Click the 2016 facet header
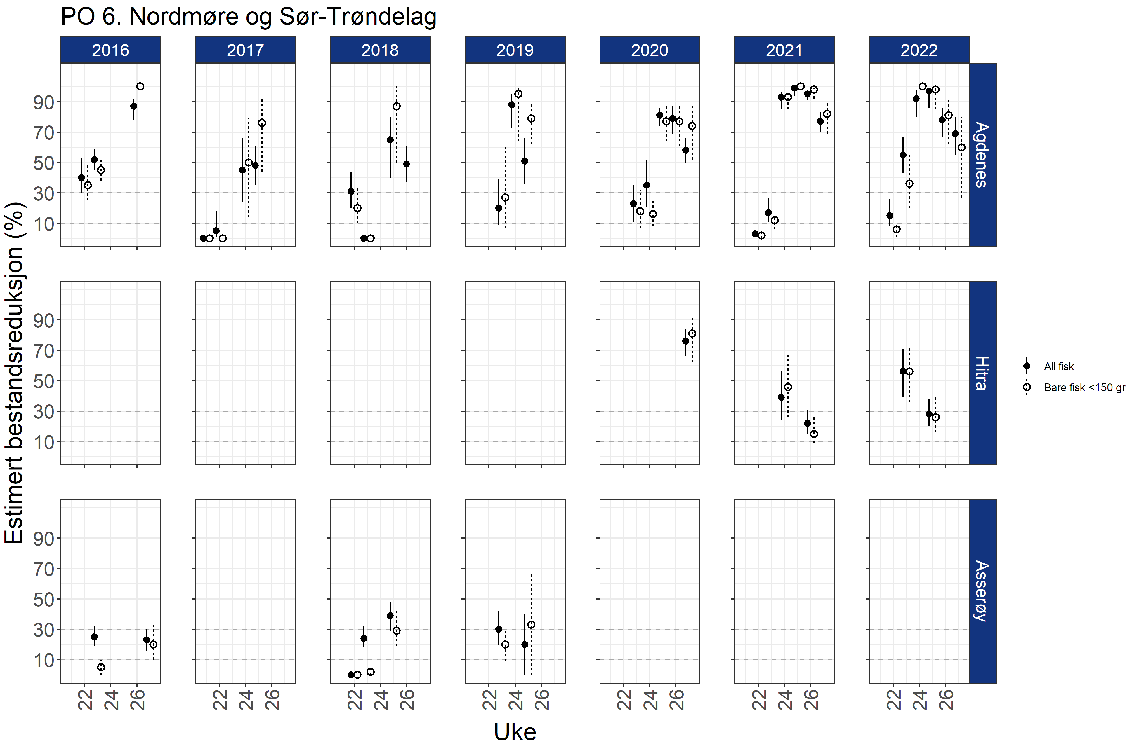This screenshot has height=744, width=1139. click(x=111, y=50)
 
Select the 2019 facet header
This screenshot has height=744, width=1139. click(x=515, y=50)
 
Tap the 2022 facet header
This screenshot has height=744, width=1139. click(x=919, y=50)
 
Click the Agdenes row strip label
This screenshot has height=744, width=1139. click(x=982, y=154)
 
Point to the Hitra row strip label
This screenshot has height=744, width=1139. click(x=982, y=373)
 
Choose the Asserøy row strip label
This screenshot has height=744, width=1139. click(x=982, y=591)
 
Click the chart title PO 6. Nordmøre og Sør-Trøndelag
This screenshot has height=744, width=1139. click(x=248, y=17)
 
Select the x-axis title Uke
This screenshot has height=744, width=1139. click(x=515, y=731)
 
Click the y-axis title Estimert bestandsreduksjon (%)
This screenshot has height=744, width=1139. click(x=14, y=373)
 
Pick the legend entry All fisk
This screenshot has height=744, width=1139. click(x=1059, y=367)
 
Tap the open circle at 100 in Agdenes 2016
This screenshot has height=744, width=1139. click(x=140, y=87)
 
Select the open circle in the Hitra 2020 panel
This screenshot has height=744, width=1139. click(x=692, y=333)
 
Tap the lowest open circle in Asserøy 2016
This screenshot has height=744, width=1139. click(x=101, y=667)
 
